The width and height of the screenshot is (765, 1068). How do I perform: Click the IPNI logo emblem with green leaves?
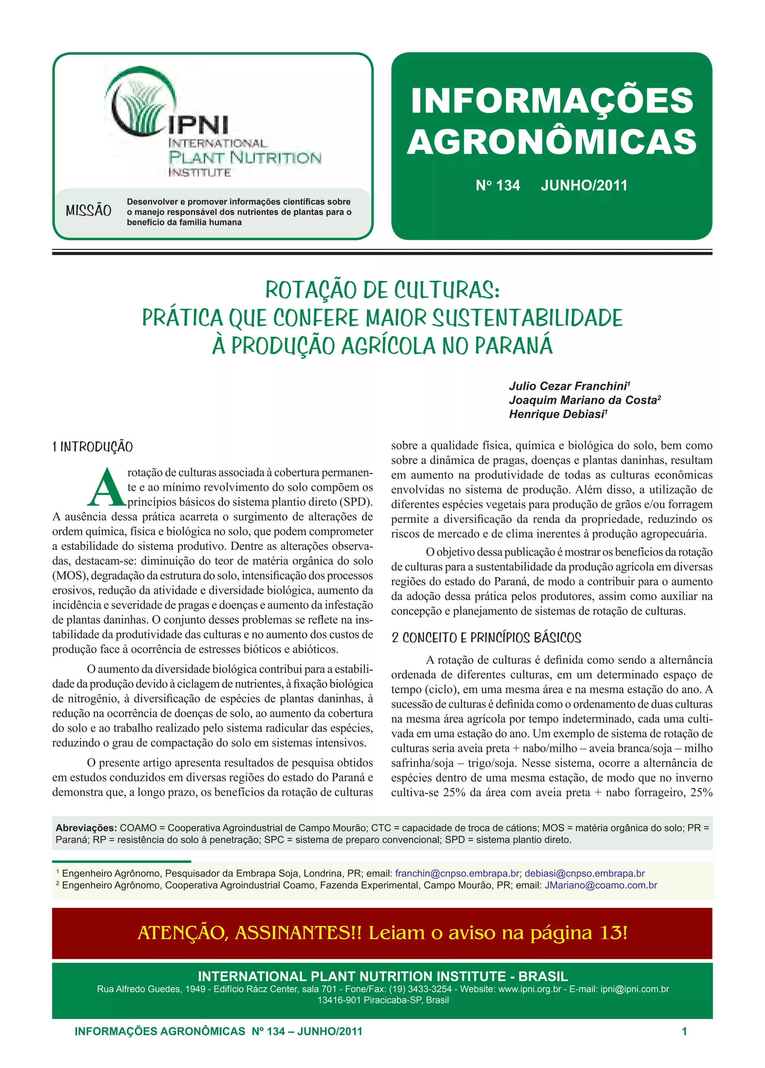point(139,102)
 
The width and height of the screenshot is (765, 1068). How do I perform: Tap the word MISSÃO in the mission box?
point(89,210)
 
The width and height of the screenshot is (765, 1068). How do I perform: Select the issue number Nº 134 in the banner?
point(498,185)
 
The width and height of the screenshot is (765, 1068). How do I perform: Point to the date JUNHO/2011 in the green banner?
point(584,185)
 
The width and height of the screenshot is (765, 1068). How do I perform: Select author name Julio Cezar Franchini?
point(568,386)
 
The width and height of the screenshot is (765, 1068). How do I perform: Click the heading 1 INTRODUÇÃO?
point(93,447)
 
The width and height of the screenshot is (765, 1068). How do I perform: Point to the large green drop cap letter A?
point(106,487)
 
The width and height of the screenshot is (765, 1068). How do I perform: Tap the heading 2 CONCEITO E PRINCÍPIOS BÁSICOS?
point(486,638)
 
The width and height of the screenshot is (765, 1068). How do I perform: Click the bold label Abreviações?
point(86,828)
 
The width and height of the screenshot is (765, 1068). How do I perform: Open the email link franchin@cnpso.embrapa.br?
point(457,874)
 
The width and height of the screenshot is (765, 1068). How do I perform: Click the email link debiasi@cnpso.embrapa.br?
point(585,874)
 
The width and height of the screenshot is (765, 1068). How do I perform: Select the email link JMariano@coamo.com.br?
point(601,885)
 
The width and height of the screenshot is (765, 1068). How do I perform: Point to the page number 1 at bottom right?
point(684,1032)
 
